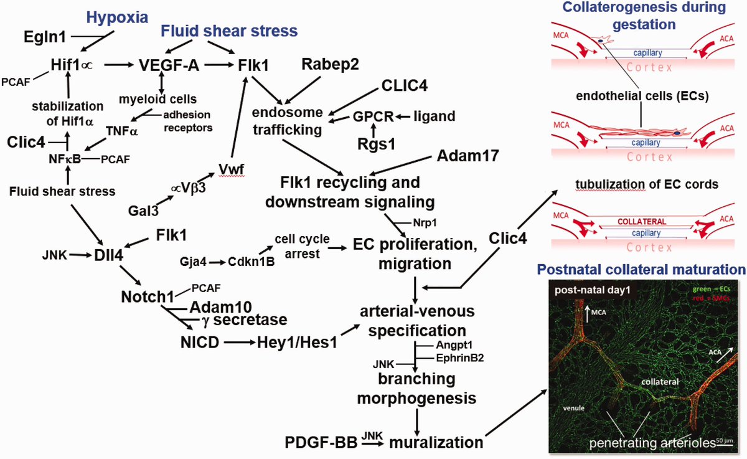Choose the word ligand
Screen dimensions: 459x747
tap(434, 116)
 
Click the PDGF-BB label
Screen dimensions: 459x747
tap(321, 443)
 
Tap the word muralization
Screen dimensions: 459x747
tap(436, 443)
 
